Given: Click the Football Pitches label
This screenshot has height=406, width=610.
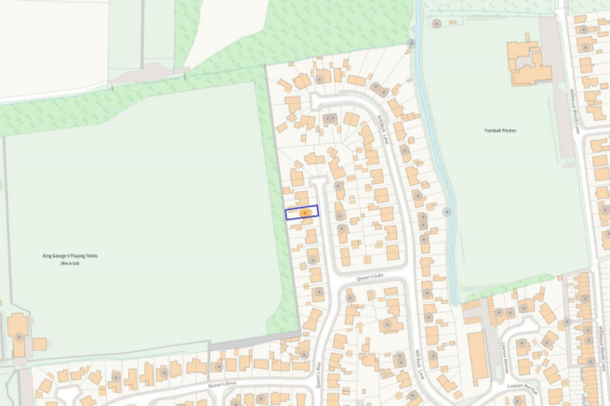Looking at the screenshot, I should (500, 130).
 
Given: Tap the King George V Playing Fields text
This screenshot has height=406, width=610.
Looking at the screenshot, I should (70, 255).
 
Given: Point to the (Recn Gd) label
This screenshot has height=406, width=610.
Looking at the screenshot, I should (71, 264).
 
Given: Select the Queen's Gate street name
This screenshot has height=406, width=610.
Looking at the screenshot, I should (369, 276).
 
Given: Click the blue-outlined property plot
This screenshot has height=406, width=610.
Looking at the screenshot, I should (301, 212).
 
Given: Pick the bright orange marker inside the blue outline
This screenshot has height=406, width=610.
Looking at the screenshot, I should (305, 213).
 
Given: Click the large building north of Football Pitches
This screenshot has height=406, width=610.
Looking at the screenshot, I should (527, 63).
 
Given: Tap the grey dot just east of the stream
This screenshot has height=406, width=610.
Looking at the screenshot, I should (447, 212).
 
